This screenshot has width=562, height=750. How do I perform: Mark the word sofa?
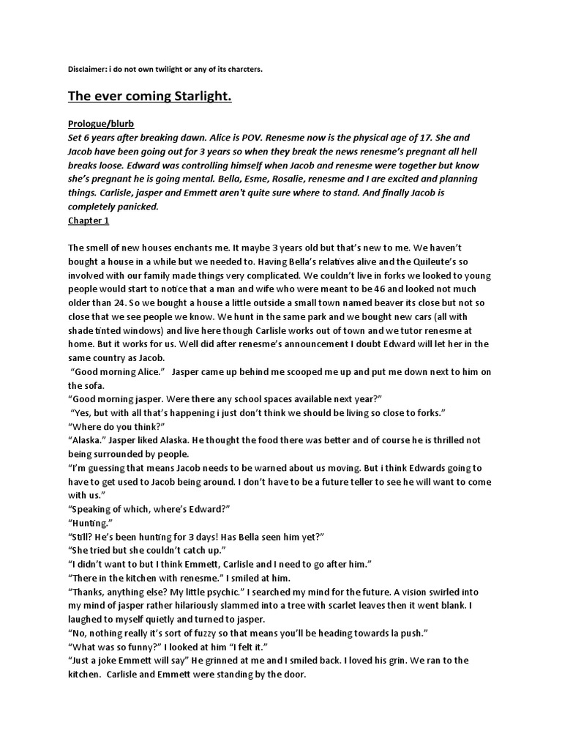(x=79, y=385)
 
